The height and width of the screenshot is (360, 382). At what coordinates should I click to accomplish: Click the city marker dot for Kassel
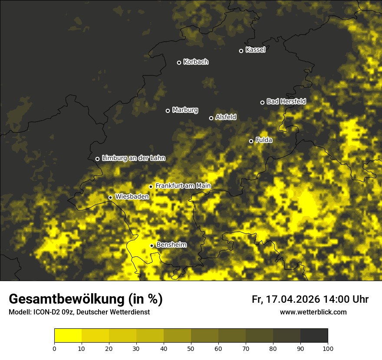tap(241, 51)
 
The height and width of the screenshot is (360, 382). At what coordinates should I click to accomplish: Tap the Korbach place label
tap(196, 62)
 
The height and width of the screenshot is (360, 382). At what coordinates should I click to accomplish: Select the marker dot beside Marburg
tap(168, 111)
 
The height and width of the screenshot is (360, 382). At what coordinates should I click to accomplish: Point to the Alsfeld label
tap(226, 117)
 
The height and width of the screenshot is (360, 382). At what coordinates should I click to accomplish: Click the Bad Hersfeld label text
tap(286, 101)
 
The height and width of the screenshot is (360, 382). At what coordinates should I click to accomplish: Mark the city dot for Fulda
tap(251, 141)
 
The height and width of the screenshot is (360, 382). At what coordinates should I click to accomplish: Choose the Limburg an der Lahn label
tap(133, 158)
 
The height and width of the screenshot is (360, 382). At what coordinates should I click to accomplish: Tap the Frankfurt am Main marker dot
tap(151, 187)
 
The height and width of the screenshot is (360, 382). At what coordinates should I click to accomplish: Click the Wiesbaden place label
tap(132, 196)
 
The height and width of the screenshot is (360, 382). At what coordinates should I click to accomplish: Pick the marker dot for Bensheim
tap(152, 245)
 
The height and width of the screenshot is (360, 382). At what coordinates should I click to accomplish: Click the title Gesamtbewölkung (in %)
tap(86, 299)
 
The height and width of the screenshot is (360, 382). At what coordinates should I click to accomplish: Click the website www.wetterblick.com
tap(313, 312)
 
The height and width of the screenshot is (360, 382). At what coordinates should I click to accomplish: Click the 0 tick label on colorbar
tap(54, 348)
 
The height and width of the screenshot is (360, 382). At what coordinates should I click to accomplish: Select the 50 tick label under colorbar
tap(191, 348)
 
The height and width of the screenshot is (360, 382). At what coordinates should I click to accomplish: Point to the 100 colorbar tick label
tap(328, 348)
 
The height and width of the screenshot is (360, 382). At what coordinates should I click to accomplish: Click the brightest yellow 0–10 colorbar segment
tap(68, 336)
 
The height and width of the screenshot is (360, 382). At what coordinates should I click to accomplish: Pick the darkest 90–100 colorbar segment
tap(314, 336)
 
